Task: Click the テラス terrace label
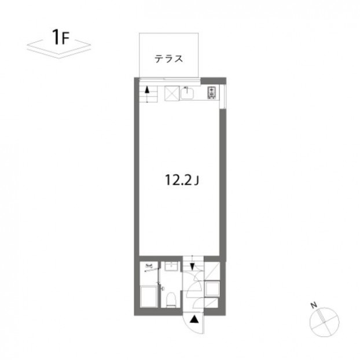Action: tap(169, 59)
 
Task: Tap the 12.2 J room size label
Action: tap(182, 180)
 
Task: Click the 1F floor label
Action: tap(61, 38)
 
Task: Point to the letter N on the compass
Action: tap(314, 305)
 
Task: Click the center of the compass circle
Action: tap(325, 322)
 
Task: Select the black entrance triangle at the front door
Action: tap(194, 319)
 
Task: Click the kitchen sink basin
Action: tap(187, 93)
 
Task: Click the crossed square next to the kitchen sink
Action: tap(172, 93)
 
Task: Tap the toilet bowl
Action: tap(171, 299)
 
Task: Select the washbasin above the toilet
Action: tap(171, 267)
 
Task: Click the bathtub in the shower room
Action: tap(149, 296)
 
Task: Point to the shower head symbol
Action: tap(149, 267)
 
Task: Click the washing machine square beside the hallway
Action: tap(212, 289)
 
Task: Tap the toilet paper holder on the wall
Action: tap(163, 288)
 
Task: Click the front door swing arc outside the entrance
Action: tap(186, 324)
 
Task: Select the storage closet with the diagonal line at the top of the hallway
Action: tap(212, 271)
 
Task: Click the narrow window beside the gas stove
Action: tap(222, 96)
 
